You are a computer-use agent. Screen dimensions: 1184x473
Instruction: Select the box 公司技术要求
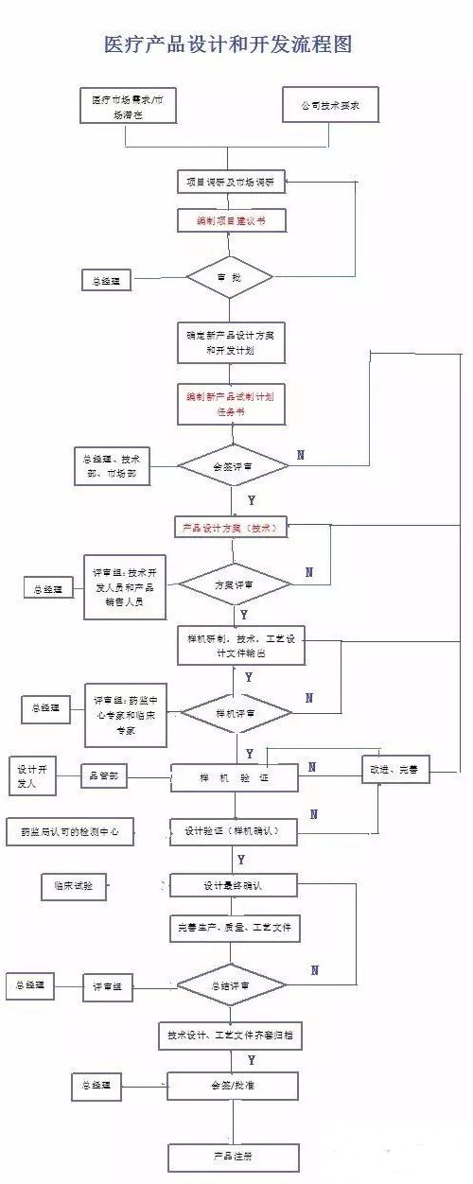[x=330, y=105]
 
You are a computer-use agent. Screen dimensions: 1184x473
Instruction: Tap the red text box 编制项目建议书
[x=231, y=219]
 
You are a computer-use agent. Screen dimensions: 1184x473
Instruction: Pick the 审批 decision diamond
[x=230, y=277]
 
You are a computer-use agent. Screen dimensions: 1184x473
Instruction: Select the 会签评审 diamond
[x=232, y=464]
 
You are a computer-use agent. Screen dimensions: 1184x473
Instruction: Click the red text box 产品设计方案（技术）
[x=231, y=529]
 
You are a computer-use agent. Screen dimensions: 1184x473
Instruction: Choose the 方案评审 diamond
[x=234, y=585]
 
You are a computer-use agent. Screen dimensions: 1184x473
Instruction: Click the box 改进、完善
[x=395, y=771]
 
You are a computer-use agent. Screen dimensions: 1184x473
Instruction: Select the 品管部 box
[x=104, y=776]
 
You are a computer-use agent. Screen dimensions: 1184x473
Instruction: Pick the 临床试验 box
[x=74, y=886]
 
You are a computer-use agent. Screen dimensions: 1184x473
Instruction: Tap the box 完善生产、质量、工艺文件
[x=234, y=928]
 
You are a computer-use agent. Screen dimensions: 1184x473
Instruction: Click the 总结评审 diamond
[x=234, y=985]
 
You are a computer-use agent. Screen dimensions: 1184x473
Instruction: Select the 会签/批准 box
[x=233, y=1085]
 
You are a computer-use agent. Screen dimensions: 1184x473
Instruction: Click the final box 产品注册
[x=233, y=1156]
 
